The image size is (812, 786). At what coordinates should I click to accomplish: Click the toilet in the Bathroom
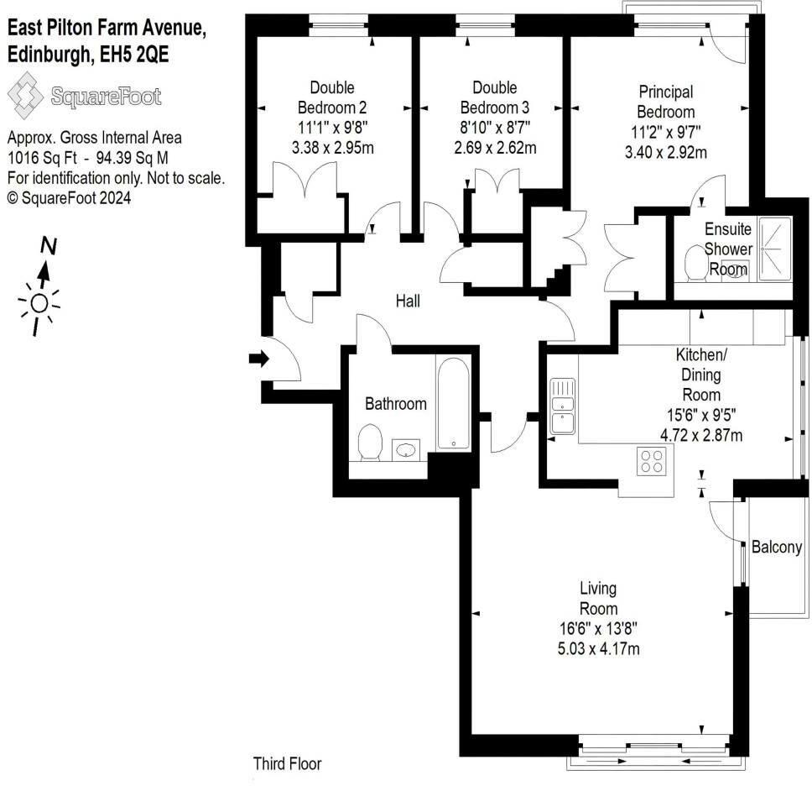tap(370, 443)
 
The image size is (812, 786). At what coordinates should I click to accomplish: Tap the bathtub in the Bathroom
tap(453, 403)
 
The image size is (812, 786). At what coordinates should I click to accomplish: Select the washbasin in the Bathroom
tap(406, 449)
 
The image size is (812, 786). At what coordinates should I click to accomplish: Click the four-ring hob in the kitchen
tap(652, 460)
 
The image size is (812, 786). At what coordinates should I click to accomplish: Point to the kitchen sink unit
tap(562, 406)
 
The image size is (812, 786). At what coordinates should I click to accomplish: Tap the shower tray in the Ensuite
tap(775, 249)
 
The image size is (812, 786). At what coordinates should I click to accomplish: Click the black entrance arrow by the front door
tap(259, 359)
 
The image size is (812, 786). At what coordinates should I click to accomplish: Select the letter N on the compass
tap(49, 246)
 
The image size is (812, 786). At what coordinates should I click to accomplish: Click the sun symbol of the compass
tap(39, 303)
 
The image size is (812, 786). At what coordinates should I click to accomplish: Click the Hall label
tap(408, 301)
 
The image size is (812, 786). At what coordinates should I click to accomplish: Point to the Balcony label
tap(776, 547)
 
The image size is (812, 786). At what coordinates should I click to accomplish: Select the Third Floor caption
tap(287, 763)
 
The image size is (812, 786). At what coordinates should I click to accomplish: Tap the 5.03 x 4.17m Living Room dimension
tap(598, 648)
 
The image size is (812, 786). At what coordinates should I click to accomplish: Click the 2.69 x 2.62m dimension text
tap(495, 148)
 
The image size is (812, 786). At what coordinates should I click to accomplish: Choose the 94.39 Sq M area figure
tap(132, 158)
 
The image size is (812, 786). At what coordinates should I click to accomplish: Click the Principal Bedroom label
tap(665, 102)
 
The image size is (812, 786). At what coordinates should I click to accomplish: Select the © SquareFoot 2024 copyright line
tap(69, 197)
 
